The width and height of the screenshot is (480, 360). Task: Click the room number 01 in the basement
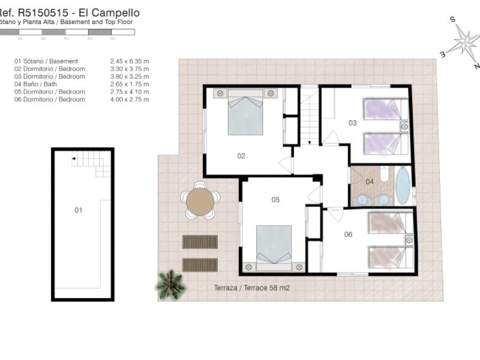tap(78, 210)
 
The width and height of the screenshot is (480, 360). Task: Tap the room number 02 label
tap(241, 156)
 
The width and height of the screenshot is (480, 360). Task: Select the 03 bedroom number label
tap(353, 123)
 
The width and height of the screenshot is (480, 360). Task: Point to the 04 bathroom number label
tap(370, 181)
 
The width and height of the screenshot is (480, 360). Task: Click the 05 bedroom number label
tap(275, 200)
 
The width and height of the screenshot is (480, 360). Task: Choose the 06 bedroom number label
tap(349, 234)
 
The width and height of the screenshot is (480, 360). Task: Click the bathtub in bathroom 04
tap(403, 185)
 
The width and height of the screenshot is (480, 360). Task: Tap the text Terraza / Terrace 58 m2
tap(252, 288)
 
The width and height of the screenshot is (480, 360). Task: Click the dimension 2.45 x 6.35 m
tap(130, 61)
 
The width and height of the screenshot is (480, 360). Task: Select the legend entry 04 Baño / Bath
tap(40, 85)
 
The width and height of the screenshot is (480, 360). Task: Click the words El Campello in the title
tap(113, 12)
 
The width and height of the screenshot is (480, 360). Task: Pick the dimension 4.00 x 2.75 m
tap(130, 100)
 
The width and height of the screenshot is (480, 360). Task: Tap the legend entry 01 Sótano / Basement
tap(46, 61)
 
